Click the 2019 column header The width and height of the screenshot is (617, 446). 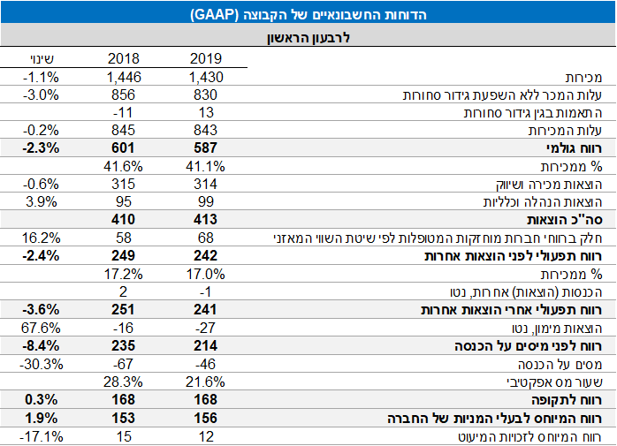pyautogui.click(x=206, y=59)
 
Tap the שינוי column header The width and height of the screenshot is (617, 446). pyautogui.click(x=42, y=59)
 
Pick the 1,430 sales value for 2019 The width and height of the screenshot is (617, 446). pyautogui.click(x=204, y=77)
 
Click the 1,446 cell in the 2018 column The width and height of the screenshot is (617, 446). pyautogui.click(x=128, y=77)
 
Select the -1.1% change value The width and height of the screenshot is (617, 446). pyautogui.click(x=42, y=77)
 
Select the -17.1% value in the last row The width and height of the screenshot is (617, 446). pyautogui.click(x=40, y=436)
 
